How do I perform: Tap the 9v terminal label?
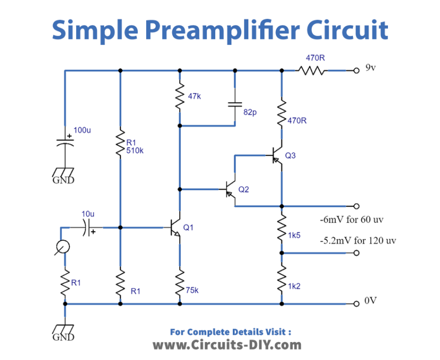pos(371,68)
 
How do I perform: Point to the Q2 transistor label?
pos(243,189)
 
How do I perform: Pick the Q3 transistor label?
pos(290,155)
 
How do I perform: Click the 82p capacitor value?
pos(250,112)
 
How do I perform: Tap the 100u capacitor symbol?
pos(65,139)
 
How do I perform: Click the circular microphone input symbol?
pos(62,246)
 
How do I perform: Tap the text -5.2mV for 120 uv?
pos(358,240)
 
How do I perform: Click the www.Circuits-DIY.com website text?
pos(227,344)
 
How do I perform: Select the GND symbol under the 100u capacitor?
pos(64,175)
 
